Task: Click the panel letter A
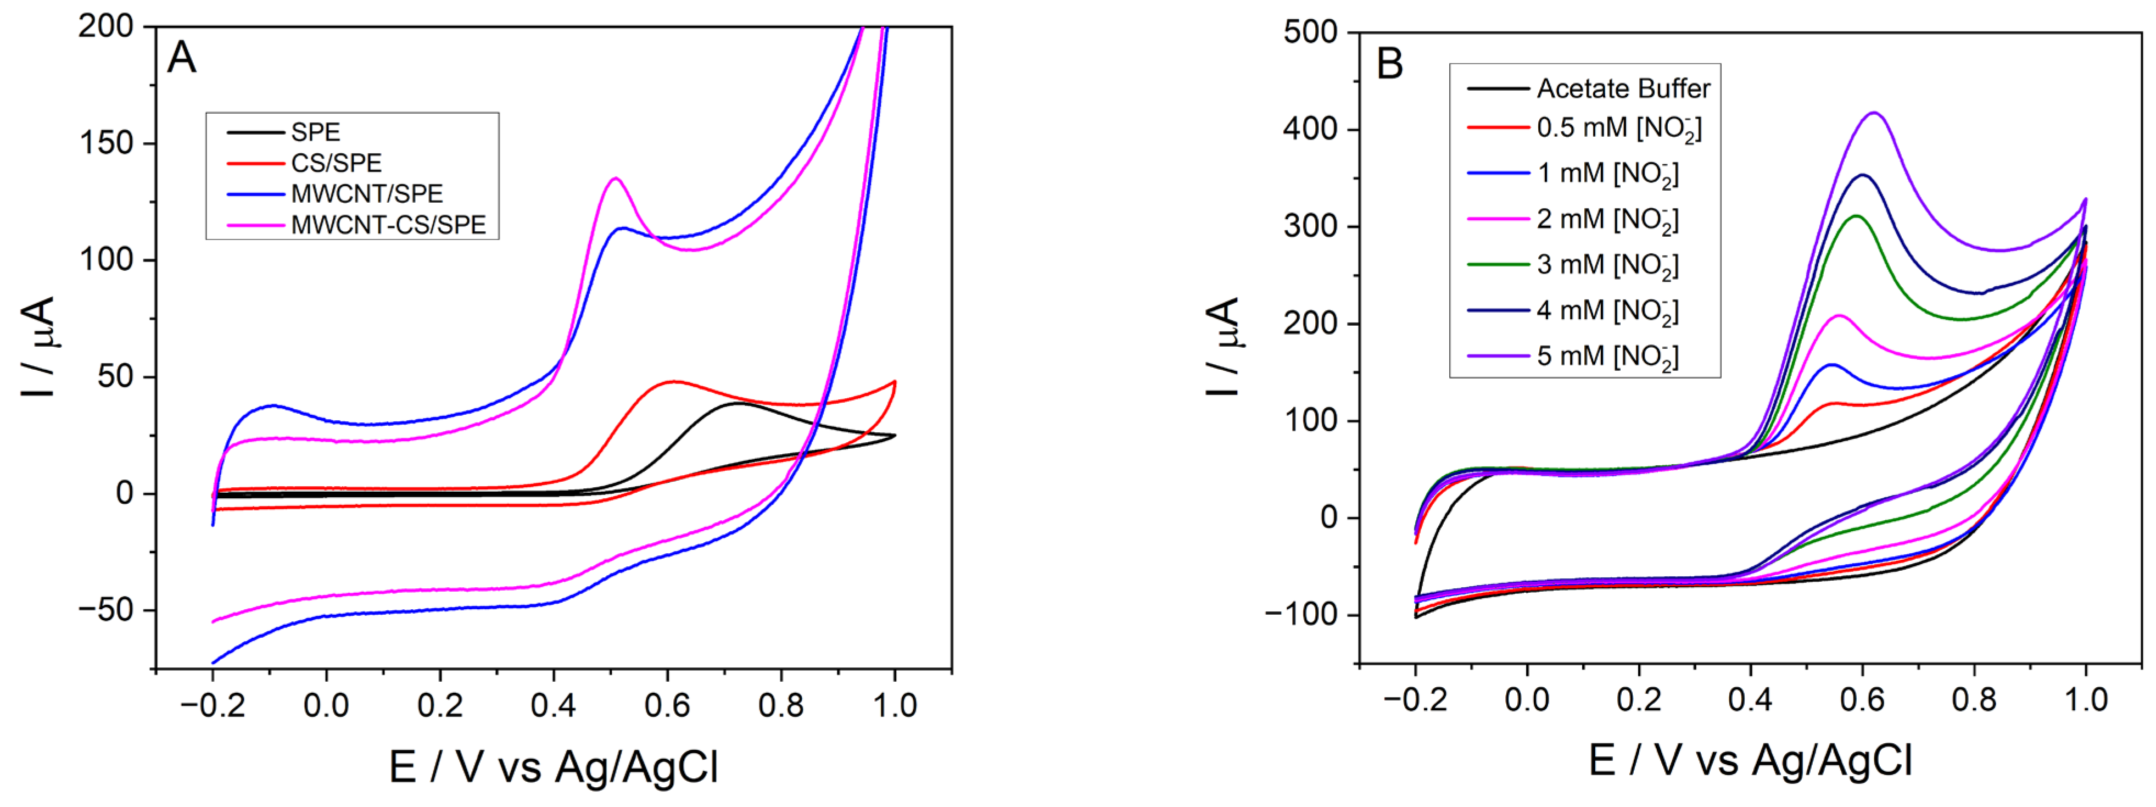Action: point(182,59)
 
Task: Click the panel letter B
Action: point(1389,64)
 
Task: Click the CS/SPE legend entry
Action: point(336,163)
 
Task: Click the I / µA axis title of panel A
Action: point(38,345)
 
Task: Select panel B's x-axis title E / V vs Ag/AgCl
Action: point(1750,760)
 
